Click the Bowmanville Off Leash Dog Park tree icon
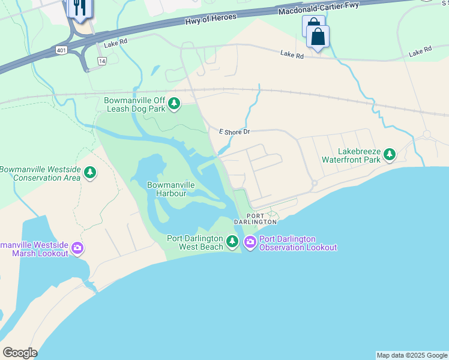174,104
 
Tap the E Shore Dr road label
234,131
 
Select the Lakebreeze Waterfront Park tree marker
390,155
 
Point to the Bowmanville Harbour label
170,189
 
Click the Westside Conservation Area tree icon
90,173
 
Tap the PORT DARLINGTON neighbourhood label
255,218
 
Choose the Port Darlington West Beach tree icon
232,243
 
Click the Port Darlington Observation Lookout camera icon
250,243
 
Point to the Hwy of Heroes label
211,19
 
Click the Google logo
20,353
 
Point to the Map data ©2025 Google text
412,355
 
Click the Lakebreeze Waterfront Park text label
351,156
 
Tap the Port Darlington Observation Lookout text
298,243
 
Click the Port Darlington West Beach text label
195,243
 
